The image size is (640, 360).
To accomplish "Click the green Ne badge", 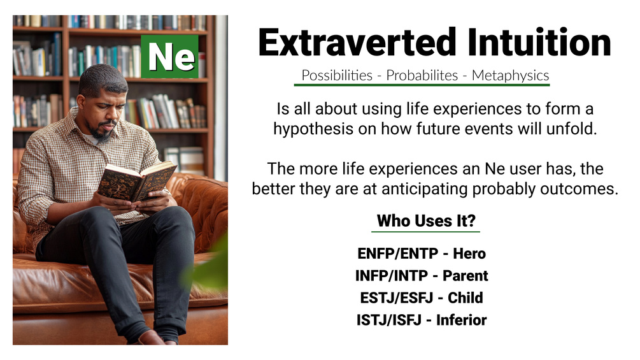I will [x=169, y=57].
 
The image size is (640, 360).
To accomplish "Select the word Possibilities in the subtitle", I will [x=336, y=75].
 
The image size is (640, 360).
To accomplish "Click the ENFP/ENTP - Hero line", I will [x=422, y=254].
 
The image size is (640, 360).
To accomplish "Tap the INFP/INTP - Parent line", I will [x=422, y=276].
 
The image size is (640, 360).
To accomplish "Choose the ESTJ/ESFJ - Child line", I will [x=422, y=298].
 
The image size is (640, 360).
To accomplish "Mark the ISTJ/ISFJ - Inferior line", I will [x=422, y=320].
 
